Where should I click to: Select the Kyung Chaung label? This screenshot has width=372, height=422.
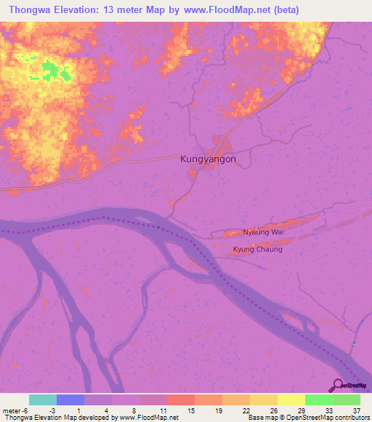[x=257, y=249]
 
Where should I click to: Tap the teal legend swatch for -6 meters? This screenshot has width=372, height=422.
[x=42, y=400]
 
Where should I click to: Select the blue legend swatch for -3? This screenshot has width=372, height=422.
[x=70, y=400]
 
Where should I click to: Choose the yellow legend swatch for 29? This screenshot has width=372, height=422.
[x=291, y=400]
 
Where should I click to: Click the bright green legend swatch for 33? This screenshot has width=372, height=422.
[x=318, y=400]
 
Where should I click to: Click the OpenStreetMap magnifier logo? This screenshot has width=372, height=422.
[x=339, y=385]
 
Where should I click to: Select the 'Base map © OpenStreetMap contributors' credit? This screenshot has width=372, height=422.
[x=308, y=418]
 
